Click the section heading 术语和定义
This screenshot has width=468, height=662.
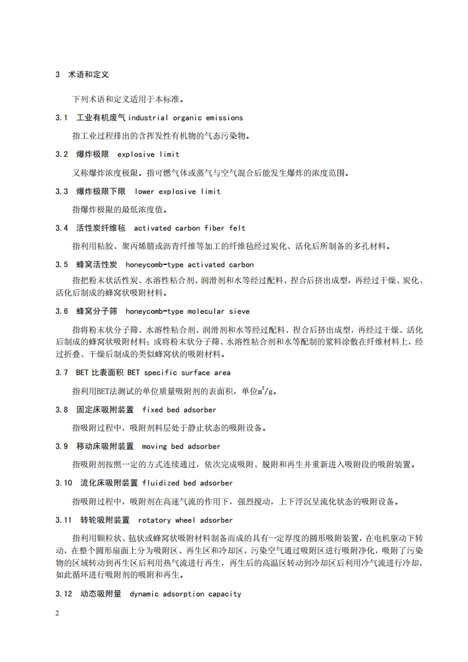[89, 75]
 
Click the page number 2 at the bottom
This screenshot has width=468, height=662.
[57, 613]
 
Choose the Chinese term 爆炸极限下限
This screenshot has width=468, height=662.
[101, 191]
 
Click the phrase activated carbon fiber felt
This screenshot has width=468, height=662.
[189, 228]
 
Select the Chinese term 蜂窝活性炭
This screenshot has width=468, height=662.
[97, 265]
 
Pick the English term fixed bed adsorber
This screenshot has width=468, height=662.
[179, 409]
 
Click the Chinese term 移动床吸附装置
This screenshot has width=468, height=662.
[105, 446]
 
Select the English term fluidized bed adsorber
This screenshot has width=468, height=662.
[188, 483]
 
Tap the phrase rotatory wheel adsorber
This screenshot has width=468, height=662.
[185, 520]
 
